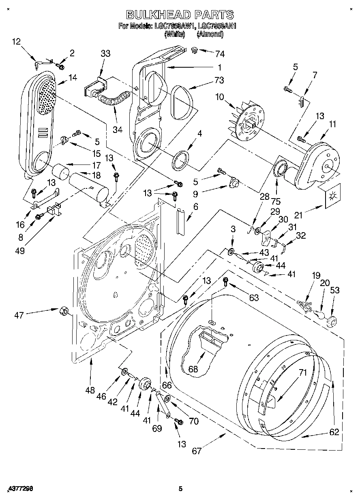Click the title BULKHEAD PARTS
tap(180, 15)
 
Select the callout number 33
tap(105, 53)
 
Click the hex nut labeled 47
tap(64, 311)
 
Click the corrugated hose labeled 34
tap(114, 100)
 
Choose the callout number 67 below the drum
tap(197, 451)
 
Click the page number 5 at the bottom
tap(181, 489)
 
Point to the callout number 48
tap(90, 390)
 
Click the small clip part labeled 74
tap(195, 50)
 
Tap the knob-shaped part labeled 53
tap(331, 322)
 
